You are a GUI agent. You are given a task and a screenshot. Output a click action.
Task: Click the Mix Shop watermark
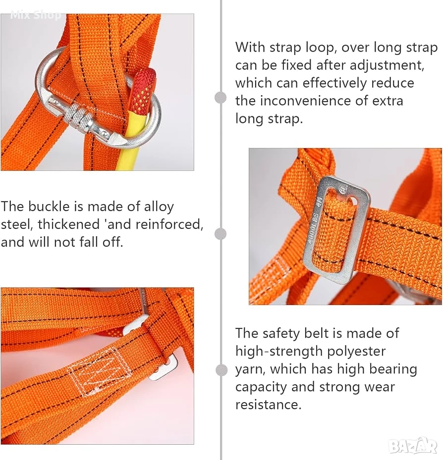pos(36,15)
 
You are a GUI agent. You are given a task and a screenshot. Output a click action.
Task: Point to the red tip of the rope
pos(144,88)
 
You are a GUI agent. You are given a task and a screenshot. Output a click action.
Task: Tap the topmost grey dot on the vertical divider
pos(221,98)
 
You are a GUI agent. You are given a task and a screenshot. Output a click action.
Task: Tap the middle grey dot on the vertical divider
pos(221,234)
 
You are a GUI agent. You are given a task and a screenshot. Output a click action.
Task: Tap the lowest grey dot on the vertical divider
pos(221,370)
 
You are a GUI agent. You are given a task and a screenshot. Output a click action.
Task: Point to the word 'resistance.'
pos(268,405)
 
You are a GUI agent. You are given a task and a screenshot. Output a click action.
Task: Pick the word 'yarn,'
pos(250,370)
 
